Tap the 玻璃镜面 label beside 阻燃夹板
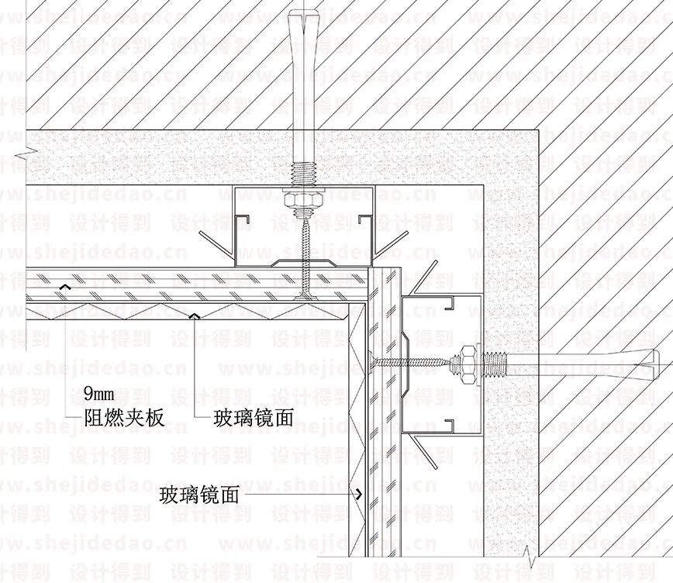coord(254,418)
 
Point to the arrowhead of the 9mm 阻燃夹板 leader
coord(65,288)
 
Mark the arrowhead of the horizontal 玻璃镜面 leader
coord(359,494)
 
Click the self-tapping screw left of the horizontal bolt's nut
coord(411,360)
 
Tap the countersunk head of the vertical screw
coord(305,295)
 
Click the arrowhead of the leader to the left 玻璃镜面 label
coord(195,316)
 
